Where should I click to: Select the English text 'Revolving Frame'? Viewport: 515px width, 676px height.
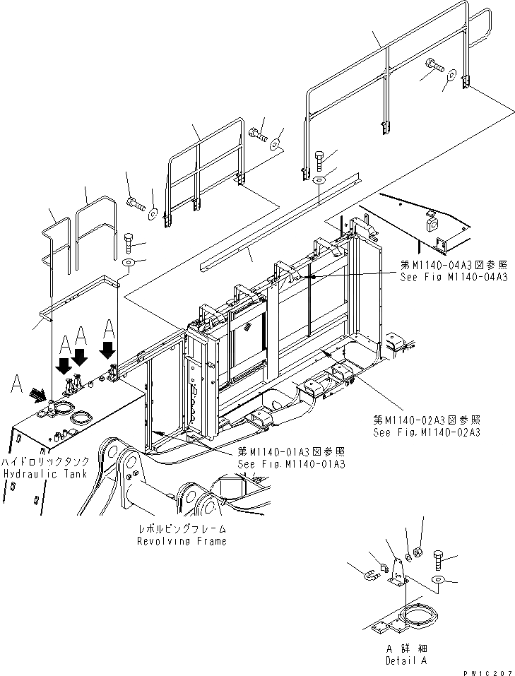coord(182,541)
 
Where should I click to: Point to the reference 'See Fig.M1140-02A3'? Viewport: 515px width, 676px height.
coord(426,432)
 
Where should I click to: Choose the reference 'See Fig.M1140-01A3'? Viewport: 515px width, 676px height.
coord(291,464)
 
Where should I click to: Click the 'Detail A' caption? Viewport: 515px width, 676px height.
coord(406,660)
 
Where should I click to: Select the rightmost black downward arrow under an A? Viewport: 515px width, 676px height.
coord(109,349)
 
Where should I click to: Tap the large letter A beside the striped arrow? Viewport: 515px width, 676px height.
coord(18,384)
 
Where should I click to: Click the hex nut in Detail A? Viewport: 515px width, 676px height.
coord(417,551)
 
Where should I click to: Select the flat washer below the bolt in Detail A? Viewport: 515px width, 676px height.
coord(437,580)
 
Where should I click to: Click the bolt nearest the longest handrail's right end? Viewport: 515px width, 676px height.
coord(432,69)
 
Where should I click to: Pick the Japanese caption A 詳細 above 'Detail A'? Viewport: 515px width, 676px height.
coord(406,648)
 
